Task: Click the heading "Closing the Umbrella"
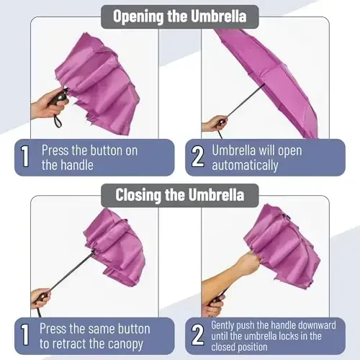[179, 194]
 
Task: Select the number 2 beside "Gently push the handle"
[197, 336]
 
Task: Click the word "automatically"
[245, 166]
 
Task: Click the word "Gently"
[227, 325]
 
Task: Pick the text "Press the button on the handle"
[89, 158]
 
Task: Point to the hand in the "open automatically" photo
[214, 124]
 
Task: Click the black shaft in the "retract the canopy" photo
[72, 270]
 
